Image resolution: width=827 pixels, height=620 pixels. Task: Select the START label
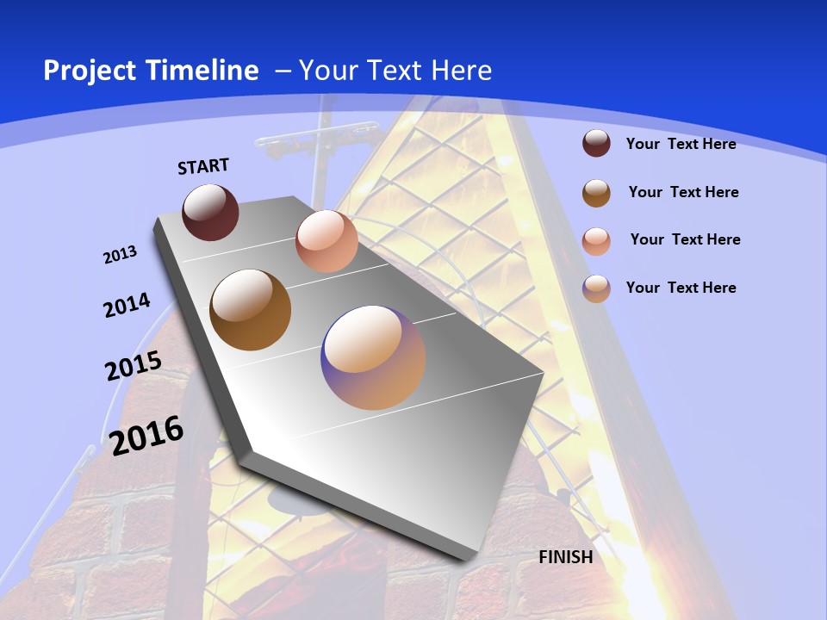tap(203, 166)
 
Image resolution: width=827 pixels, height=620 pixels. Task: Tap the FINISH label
tap(566, 557)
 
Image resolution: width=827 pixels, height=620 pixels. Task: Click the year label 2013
tap(121, 255)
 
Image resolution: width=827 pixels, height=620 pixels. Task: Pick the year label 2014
tap(127, 305)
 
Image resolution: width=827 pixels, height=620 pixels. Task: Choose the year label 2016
tap(147, 435)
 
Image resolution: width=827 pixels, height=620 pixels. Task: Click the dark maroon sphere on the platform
tap(210, 213)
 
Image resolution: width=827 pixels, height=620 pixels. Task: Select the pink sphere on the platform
tap(326, 241)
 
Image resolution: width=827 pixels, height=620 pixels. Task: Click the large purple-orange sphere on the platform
tap(373, 357)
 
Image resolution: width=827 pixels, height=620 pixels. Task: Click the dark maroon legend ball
tap(596, 143)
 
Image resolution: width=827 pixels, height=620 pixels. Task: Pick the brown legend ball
tap(596, 193)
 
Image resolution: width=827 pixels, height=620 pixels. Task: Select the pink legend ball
tap(596, 241)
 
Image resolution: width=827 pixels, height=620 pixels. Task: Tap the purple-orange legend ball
tap(596, 288)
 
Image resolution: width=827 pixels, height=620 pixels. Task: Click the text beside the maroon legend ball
tap(681, 144)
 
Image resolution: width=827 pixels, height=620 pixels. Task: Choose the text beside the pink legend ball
tap(685, 239)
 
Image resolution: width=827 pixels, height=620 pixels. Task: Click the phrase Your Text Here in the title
tap(395, 71)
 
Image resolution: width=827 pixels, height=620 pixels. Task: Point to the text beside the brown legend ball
tap(683, 192)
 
